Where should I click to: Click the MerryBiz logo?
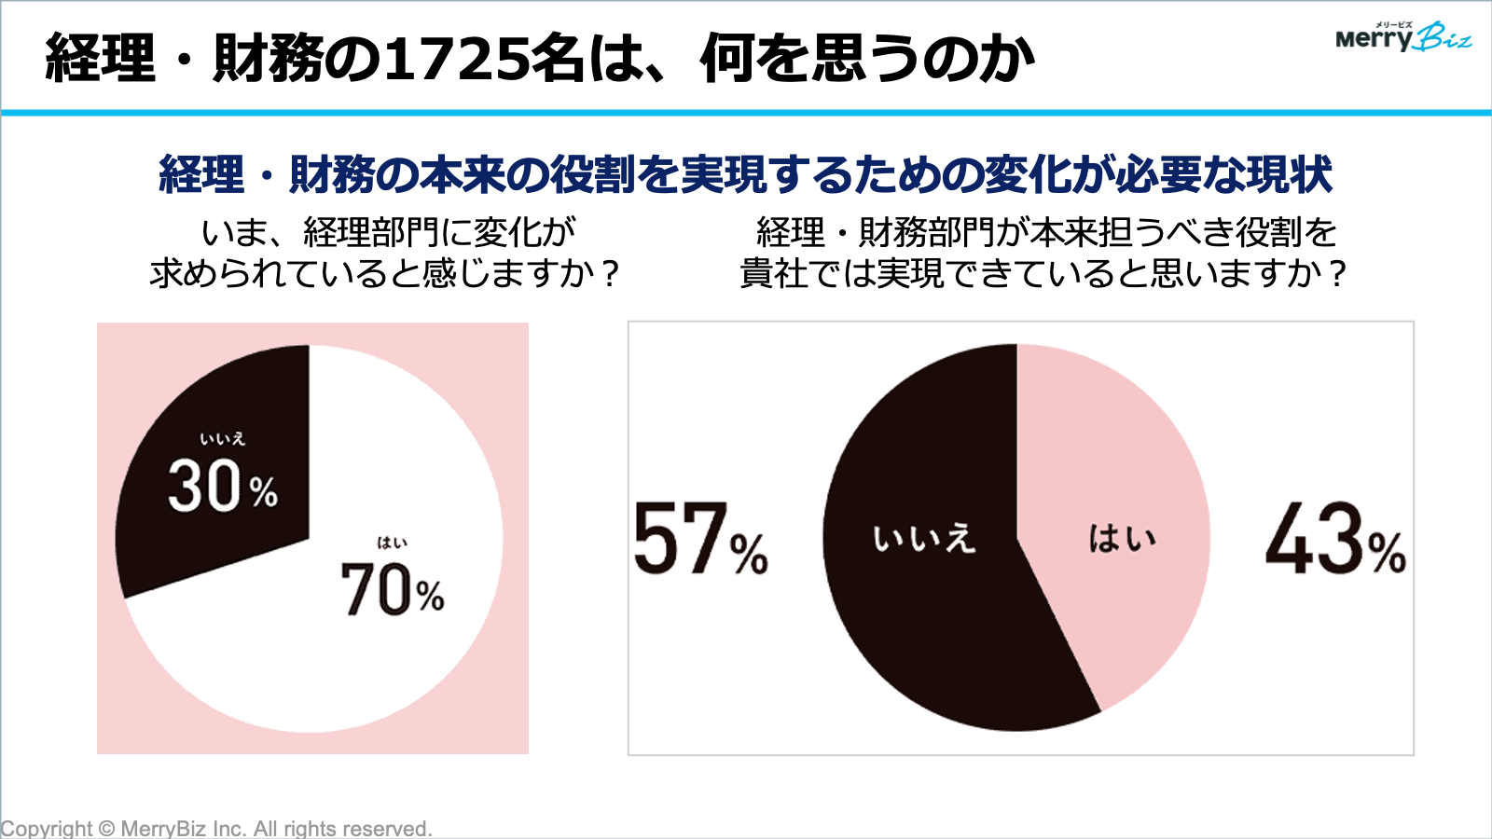coord(1402,37)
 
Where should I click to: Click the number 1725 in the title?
coord(455,58)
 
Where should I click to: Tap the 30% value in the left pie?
coord(223,487)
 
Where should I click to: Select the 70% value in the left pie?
coord(392,590)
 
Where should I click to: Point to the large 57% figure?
coord(700,540)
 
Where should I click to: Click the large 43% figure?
coord(1334,540)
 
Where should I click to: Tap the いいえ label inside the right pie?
coord(923,539)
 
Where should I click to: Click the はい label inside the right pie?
coord(1122,539)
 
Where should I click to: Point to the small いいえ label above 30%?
coord(222,439)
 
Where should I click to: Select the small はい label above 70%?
coord(392,543)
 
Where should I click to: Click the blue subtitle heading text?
coord(745,174)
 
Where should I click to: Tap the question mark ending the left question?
coord(610,274)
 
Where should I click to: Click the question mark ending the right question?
coord(1337,274)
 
